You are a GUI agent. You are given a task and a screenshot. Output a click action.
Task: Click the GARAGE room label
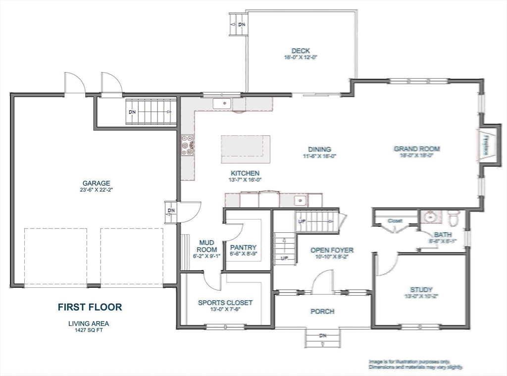(96, 183)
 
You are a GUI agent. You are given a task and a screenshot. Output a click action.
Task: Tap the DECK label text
(300, 51)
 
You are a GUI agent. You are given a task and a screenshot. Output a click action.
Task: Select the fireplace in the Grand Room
(486, 145)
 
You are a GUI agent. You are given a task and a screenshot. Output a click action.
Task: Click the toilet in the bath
(453, 216)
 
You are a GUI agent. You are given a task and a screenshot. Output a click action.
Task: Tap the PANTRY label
(243, 247)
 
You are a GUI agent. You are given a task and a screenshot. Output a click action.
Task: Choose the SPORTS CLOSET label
(225, 303)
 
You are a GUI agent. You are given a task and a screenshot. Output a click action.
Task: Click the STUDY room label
(421, 290)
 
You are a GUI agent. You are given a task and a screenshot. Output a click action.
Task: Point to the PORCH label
(322, 311)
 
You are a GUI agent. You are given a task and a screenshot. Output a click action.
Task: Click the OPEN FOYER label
(332, 250)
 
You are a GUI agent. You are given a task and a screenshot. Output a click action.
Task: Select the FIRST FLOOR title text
(90, 307)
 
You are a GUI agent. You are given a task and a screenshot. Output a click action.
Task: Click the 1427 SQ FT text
(89, 330)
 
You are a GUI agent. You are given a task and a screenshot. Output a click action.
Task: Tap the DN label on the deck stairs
(242, 24)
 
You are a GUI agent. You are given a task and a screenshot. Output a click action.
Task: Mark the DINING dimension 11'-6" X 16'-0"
(319, 156)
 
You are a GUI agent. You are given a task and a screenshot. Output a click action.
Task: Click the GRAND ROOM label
(416, 149)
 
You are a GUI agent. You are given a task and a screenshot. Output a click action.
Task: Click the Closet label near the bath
(395, 220)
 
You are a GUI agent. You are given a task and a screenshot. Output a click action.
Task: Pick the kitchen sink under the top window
(222, 104)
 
